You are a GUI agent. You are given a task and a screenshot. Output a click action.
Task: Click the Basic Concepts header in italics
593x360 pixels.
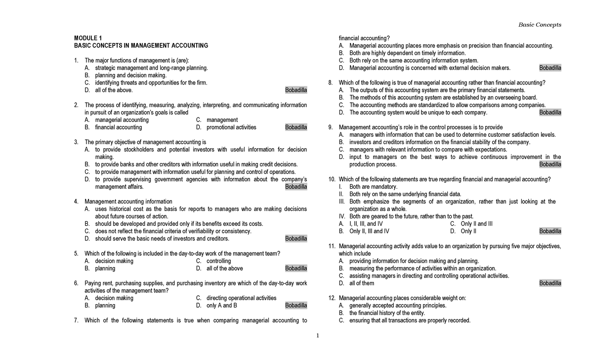tap(540, 25)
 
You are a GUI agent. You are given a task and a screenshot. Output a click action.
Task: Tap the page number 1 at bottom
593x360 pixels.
tap(318, 336)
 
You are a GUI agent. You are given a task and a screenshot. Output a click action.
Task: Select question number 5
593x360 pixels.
tap(76, 253)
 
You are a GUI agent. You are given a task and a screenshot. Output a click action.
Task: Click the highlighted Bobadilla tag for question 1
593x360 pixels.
tap(296, 90)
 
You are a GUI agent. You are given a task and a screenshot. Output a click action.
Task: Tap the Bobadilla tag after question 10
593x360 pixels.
tap(550, 231)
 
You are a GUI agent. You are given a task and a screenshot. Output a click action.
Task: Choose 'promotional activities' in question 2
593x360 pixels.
tap(231, 127)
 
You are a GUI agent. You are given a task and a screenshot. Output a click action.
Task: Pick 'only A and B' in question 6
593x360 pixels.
tap(222, 305)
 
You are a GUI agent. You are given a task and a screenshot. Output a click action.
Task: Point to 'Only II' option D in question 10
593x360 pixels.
tap(468, 231)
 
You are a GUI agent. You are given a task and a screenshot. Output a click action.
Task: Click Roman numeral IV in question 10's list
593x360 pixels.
tap(341, 216)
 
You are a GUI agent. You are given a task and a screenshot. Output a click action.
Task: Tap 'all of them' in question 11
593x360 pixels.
tap(362, 283)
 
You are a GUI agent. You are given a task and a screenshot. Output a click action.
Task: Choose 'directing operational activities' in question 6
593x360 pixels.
tap(241, 298)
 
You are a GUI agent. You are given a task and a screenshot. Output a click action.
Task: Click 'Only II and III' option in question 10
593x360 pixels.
tap(476, 224)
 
